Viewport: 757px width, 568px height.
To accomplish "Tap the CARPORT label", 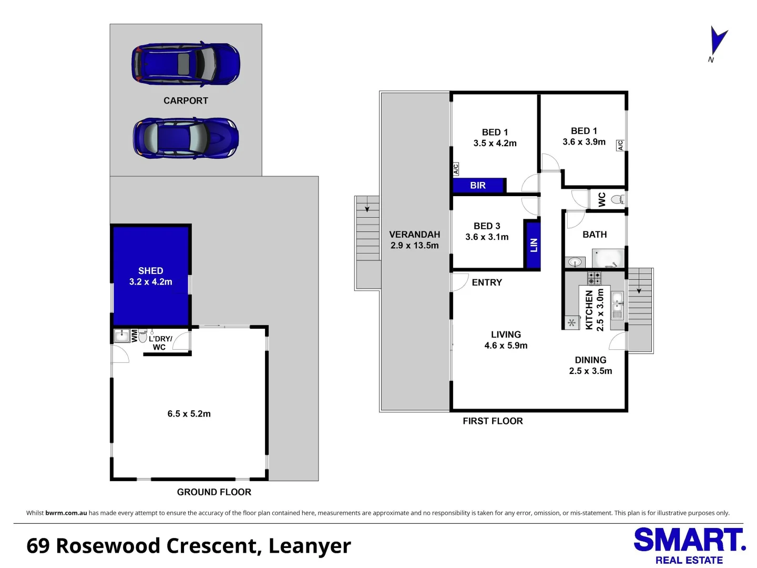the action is point(186,100).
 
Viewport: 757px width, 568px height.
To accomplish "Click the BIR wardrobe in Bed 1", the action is point(479,185).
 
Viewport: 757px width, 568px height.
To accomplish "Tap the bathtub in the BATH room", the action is point(608,258).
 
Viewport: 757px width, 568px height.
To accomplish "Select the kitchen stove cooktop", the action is point(594,278).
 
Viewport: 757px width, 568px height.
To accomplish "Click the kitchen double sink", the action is point(617,305).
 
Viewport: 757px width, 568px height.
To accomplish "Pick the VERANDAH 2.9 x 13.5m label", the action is point(415,240).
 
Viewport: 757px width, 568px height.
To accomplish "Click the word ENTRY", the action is point(487,282).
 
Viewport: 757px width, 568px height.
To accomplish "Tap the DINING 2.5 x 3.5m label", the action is point(590,366).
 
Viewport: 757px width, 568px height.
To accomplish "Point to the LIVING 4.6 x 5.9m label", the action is point(506,340).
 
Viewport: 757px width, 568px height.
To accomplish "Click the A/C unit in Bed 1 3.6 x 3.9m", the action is point(620,145).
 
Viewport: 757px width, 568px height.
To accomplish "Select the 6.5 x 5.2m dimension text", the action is point(189,413).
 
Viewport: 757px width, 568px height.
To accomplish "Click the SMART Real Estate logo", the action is point(689,546).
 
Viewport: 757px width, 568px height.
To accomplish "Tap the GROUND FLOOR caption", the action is point(214,492).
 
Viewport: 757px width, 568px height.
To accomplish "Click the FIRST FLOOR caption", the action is point(493,421).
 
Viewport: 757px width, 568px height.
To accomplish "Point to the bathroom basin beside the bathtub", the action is point(575,262).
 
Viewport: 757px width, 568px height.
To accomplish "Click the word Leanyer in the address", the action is point(310,546).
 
